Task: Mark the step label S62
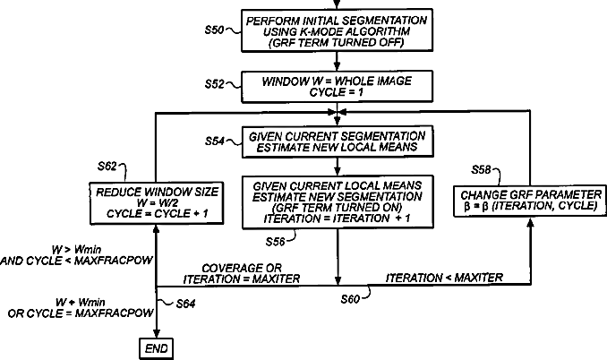(x=107, y=167)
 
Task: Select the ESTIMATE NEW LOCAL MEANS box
(x=336, y=142)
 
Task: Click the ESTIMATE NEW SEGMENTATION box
(x=336, y=202)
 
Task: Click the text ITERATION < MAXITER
(x=445, y=278)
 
